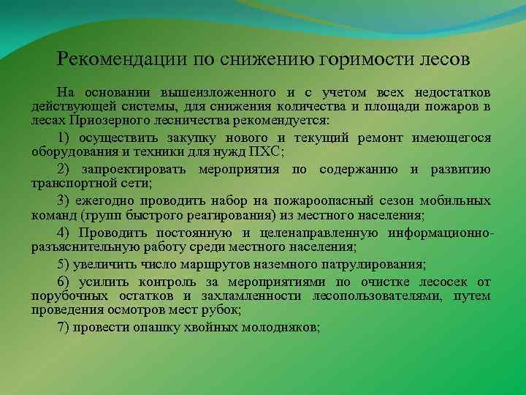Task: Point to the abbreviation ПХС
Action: pyautogui.click(x=264, y=151)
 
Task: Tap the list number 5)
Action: pyautogui.click(x=64, y=264)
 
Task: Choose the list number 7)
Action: pyautogui.click(x=64, y=326)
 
